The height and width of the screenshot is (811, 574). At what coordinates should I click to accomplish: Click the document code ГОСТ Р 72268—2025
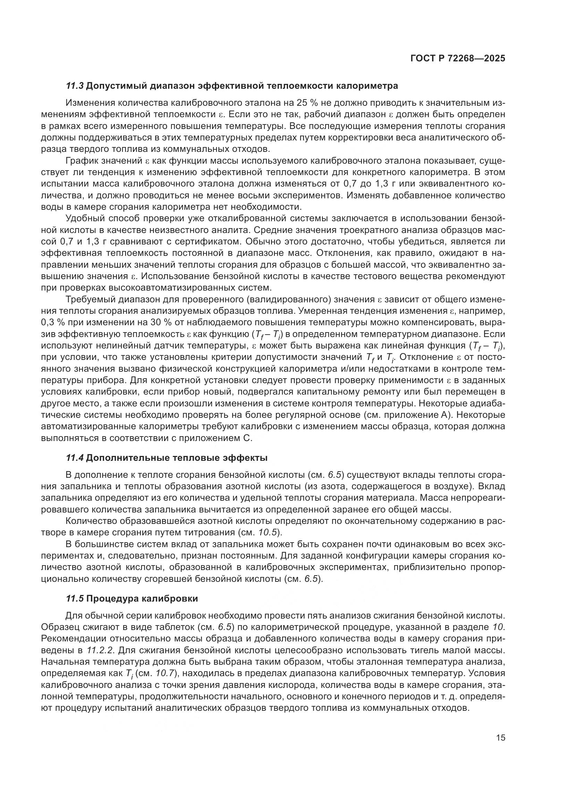coord(458,59)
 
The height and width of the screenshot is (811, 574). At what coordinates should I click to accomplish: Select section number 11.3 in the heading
coord(75,86)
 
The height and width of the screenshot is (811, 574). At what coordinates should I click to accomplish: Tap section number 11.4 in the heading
coord(75,458)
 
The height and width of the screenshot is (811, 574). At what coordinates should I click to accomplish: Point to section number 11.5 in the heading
coord(75,599)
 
